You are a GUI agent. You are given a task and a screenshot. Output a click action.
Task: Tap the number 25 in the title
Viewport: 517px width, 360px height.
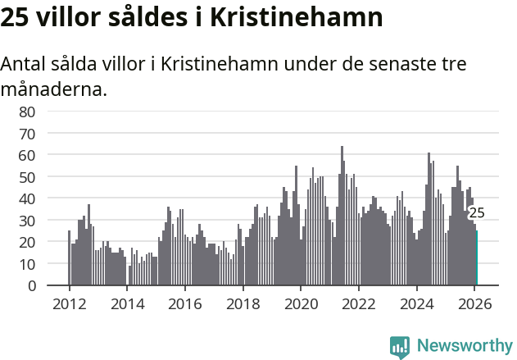[x=16, y=18]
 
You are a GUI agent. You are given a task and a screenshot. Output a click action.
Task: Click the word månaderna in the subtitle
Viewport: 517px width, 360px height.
[x=53, y=89]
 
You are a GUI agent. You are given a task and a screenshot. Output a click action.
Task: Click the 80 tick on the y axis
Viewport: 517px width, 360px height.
[x=27, y=111]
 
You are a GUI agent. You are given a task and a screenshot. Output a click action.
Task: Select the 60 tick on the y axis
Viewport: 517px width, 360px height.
[x=27, y=154]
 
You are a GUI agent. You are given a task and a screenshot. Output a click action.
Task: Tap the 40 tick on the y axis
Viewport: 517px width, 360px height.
[x=27, y=198]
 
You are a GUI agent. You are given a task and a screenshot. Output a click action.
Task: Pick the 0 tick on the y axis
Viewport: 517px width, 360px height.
[x=31, y=286]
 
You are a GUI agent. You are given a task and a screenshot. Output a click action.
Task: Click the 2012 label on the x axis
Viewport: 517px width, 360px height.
[x=69, y=303]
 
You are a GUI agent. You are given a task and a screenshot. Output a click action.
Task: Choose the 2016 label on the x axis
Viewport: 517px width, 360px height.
[x=184, y=303]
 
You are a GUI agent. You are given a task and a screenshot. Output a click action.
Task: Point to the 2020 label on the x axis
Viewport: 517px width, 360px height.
[x=301, y=303]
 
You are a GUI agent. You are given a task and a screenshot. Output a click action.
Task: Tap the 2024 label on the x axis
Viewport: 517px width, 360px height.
[x=416, y=303]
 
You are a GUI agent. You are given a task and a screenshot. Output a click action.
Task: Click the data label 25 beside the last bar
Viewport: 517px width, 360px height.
[x=476, y=213]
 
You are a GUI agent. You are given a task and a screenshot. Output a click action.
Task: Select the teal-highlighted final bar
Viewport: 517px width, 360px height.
[x=476, y=258]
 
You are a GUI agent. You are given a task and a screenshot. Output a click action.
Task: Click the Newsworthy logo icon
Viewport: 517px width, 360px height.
[x=400, y=347]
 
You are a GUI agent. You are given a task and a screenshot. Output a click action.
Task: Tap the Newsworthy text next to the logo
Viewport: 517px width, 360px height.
[x=465, y=346]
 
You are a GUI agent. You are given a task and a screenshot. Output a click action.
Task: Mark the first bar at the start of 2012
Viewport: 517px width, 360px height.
[x=69, y=258]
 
